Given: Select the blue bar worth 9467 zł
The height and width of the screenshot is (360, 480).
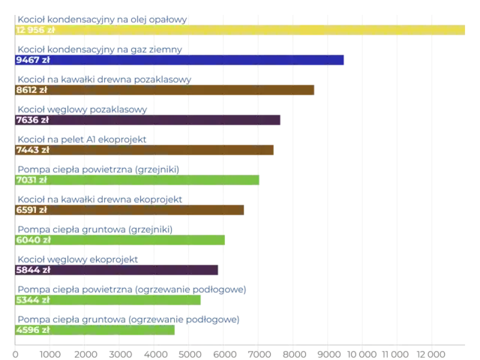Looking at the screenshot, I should pyautogui.click(x=195, y=60).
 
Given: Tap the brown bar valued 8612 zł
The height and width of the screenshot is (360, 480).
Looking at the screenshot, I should pyautogui.click(x=180, y=90).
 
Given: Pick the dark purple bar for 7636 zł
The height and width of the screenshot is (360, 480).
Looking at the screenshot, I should pyautogui.click(x=165, y=120).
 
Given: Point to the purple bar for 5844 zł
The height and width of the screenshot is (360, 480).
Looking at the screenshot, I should pyautogui.click(x=135, y=270).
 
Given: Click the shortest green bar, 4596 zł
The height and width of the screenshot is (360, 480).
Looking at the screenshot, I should pyautogui.click(x=112, y=330).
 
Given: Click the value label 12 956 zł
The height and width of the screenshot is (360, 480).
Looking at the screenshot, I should pyautogui.click(x=35, y=30).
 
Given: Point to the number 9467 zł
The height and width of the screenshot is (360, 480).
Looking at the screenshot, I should pyautogui.click(x=32, y=60).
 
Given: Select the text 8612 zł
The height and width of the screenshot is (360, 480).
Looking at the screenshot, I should pyautogui.click(x=31, y=90).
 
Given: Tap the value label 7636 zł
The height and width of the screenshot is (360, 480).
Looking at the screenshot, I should pyautogui.click(x=32, y=120).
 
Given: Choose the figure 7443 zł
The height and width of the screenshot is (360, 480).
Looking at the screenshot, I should pyautogui.click(x=32, y=150).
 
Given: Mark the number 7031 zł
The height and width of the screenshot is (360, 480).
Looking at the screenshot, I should pyautogui.click(x=31, y=180).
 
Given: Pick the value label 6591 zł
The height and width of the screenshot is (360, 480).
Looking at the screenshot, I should pyautogui.click(x=31, y=210).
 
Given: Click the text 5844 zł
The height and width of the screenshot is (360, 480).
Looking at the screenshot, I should pyautogui.click(x=32, y=270).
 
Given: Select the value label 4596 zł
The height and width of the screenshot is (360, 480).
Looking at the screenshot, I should pyautogui.click(x=32, y=330).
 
